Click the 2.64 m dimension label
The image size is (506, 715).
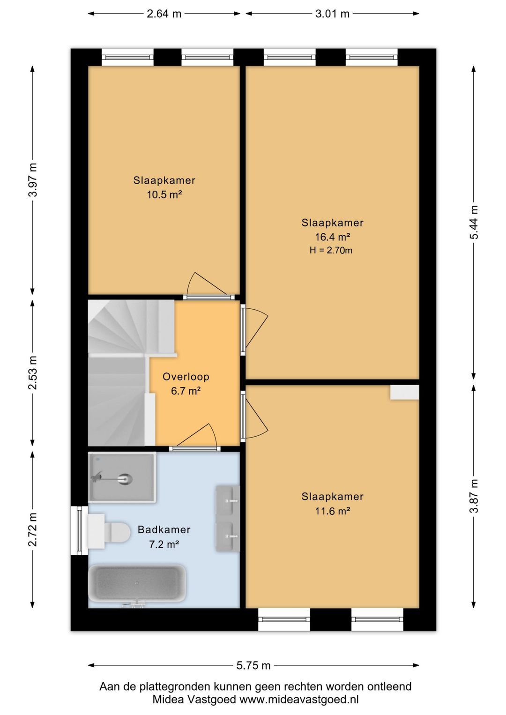[x=164, y=14]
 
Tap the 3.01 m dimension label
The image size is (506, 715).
[x=332, y=14]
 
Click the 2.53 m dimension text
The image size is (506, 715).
[x=33, y=372]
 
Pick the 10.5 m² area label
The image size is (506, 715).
[x=164, y=194]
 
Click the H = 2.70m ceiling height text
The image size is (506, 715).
[x=331, y=250]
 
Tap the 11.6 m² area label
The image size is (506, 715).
[x=333, y=511]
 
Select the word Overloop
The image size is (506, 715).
[x=186, y=377]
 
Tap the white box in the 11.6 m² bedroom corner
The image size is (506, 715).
[x=404, y=392]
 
